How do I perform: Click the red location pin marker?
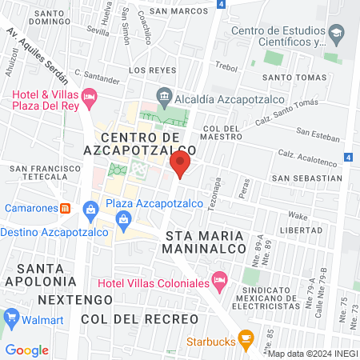tap(180, 166)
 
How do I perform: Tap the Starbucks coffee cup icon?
tap(246, 337)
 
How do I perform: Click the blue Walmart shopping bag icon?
tap(11, 318)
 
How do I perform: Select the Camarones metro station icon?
tap(66, 208)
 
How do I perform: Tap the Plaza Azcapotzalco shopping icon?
tap(90, 210)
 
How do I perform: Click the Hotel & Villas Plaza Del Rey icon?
tap(90, 98)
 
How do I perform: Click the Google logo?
tap(26, 350)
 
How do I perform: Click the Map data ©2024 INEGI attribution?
tap(312, 354)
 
